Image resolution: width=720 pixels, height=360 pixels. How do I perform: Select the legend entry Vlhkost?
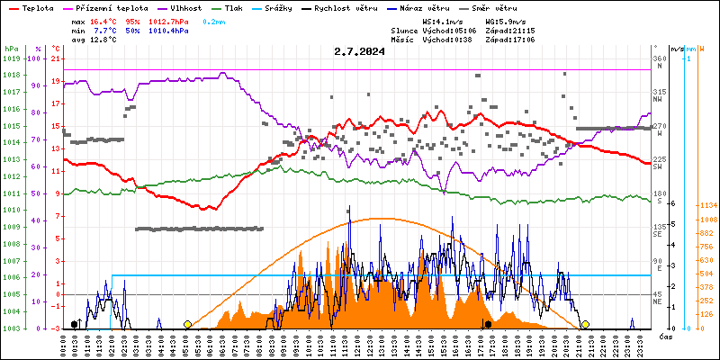[x=185, y=7]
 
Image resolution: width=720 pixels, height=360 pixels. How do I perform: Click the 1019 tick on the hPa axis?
[x=11, y=58]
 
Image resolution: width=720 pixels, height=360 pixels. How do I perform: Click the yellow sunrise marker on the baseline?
[x=187, y=324]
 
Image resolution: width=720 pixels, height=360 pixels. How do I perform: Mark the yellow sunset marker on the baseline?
[x=585, y=324]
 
